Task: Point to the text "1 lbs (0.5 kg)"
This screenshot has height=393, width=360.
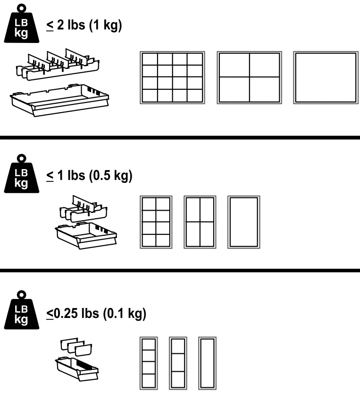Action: click(x=89, y=176)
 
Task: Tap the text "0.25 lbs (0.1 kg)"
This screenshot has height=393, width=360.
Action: click(x=96, y=313)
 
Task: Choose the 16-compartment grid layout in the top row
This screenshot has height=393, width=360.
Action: click(x=172, y=77)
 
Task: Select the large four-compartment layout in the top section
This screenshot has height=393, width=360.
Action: click(x=249, y=77)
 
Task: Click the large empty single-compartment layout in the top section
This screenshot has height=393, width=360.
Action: click(x=326, y=77)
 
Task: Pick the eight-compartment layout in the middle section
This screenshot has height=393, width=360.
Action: click(x=156, y=222)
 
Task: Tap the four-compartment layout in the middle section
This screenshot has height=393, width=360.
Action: click(x=200, y=222)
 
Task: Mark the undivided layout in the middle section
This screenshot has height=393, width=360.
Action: click(x=243, y=222)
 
